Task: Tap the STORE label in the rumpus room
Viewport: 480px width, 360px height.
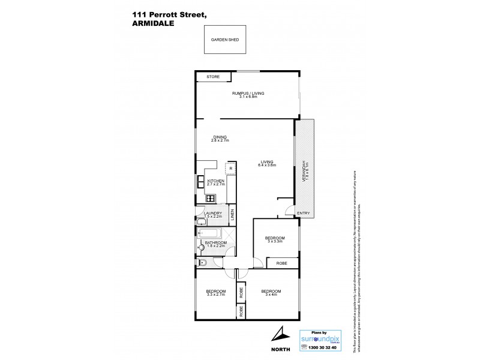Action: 213,77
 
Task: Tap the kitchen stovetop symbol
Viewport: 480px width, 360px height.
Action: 211,198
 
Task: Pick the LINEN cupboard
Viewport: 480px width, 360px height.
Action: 232,213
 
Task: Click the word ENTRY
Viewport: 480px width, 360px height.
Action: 304,213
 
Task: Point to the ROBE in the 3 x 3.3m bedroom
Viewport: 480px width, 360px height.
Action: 281,263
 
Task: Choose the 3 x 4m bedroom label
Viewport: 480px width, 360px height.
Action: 271,293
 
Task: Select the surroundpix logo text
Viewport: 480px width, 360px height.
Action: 321,338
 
